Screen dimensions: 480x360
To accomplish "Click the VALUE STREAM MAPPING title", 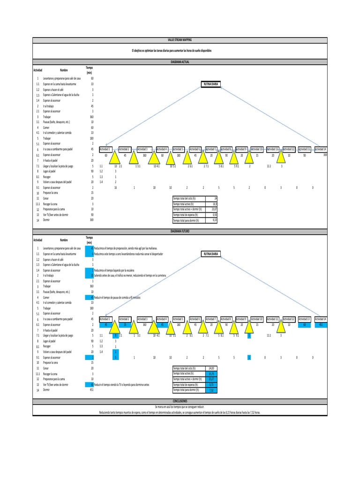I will (x=180, y=41).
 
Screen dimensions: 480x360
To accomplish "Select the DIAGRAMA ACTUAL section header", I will (x=180, y=61).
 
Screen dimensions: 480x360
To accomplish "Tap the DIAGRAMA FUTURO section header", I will (x=180, y=231).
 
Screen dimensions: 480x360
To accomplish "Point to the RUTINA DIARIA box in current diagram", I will (x=210, y=84).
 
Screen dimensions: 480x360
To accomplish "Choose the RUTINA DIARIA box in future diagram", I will (x=210, y=254).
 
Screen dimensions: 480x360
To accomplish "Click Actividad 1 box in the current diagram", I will (x=105, y=149).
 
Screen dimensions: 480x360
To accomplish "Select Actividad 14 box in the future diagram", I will (x=321, y=319).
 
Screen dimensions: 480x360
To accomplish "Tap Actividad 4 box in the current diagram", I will (x=162, y=149).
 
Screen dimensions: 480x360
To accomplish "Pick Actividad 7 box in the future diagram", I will (x=210, y=319).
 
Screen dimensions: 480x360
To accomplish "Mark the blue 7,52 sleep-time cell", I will (x=211, y=390).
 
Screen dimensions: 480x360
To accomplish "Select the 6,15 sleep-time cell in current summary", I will (x=211, y=220).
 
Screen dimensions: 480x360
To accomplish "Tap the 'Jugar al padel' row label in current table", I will (x=52, y=172).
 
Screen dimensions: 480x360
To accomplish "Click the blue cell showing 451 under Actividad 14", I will (x=321, y=324).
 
